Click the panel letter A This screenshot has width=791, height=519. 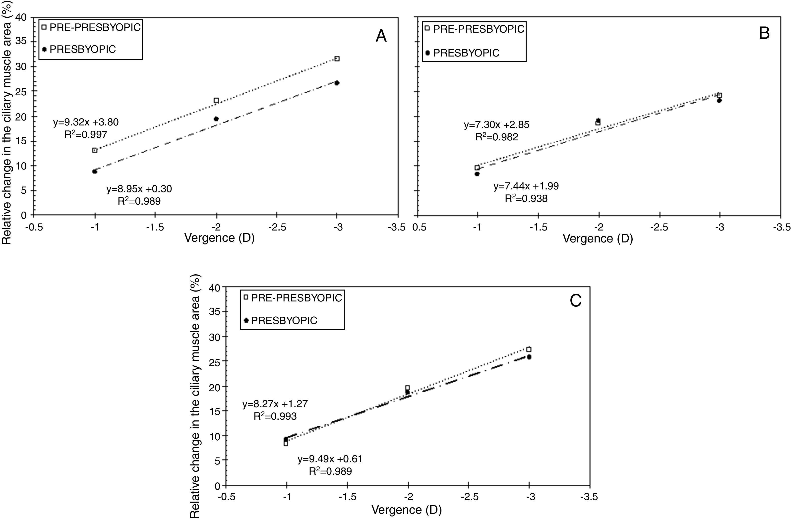coord(381,36)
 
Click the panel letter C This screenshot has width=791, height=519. coord(575,301)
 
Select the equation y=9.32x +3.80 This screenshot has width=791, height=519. coord(86,122)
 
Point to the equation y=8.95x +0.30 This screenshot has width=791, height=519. coord(139,189)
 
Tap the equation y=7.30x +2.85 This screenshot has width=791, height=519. coord(496,125)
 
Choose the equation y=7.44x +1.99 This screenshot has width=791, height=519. coord(526,186)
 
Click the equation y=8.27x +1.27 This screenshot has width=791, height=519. coord(275,404)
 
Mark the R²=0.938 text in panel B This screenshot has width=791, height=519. coord(526,199)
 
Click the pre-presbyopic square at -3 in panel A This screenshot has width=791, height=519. coord(337,59)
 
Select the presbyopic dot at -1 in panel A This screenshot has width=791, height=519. coord(95,172)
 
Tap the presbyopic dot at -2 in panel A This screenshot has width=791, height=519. coord(216,119)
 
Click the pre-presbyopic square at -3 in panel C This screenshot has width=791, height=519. coord(529,349)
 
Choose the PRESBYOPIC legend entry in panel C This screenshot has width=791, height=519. coord(284,321)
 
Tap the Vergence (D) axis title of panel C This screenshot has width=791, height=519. coord(407,509)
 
